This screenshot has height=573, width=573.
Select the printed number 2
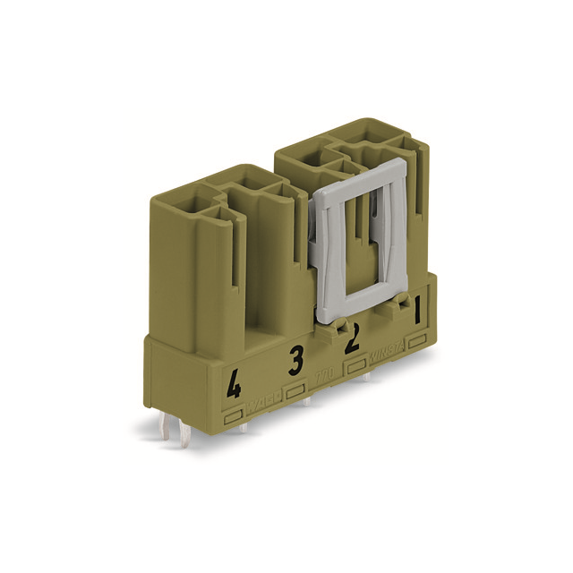[x=353, y=338]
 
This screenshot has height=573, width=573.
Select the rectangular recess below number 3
[x=295, y=391]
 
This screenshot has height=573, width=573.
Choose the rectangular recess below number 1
[x=416, y=341]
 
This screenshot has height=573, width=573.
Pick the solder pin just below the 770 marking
[x=307, y=401]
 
